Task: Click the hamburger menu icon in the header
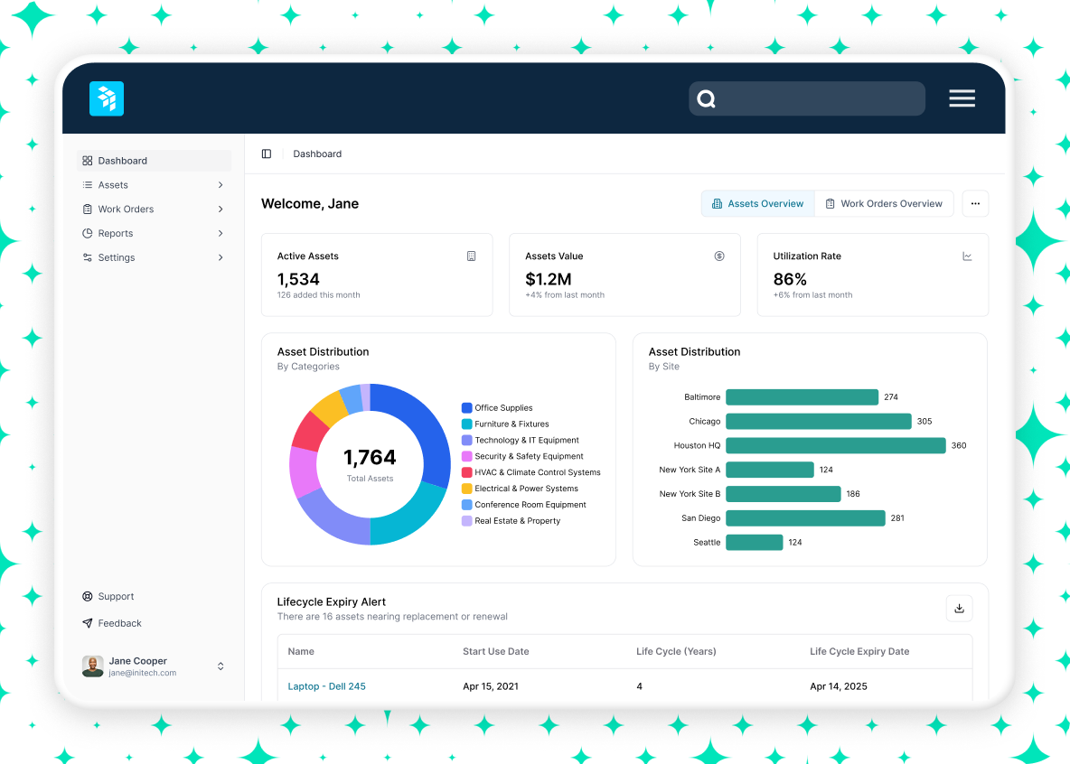(x=962, y=98)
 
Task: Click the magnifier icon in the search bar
(x=707, y=99)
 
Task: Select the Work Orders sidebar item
(x=126, y=209)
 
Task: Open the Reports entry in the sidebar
(x=116, y=233)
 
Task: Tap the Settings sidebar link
(x=117, y=257)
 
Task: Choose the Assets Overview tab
(x=757, y=203)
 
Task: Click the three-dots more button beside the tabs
(x=975, y=203)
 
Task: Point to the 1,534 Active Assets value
(x=298, y=279)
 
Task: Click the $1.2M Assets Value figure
(x=549, y=279)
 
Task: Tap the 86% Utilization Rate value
(x=790, y=279)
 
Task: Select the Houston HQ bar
(x=835, y=445)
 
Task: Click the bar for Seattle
(x=754, y=542)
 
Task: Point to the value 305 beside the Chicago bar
(x=925, y=421)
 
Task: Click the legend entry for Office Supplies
(x=503, y=408)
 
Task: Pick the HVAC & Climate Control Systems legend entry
(x=537, y=472)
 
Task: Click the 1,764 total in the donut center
(x=370, y=458)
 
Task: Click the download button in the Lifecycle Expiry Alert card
(x=959, y=609)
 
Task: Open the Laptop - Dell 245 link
(x=326, y=686)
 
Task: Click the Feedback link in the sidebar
(x=119, y=623)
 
